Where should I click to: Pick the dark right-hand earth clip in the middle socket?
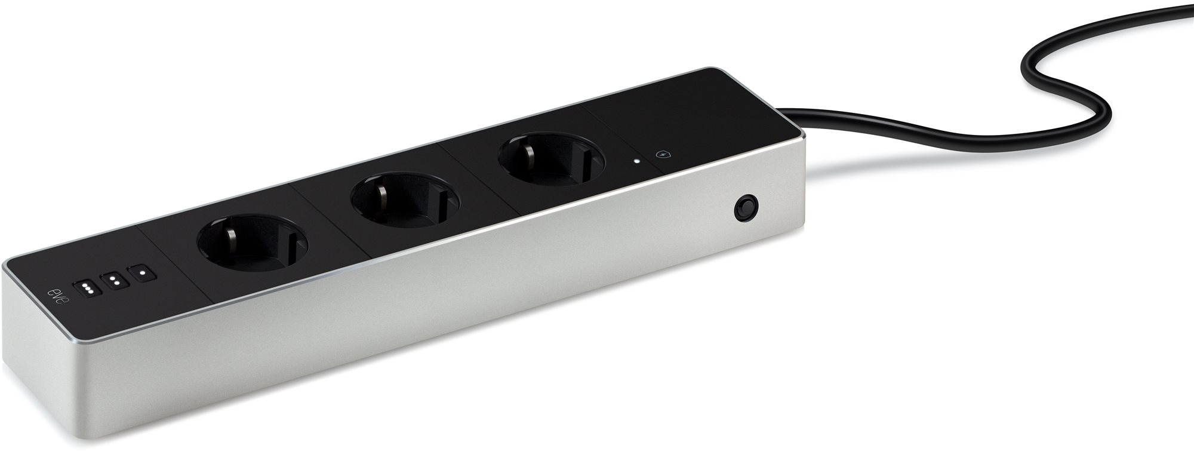(x=442, y=201)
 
